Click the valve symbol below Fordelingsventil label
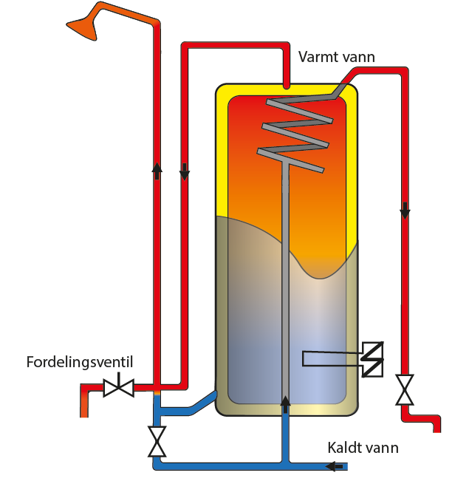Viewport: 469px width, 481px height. (x=117, y=386)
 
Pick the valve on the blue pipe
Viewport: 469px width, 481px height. (x=157, y=441)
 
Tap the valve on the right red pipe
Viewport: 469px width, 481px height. (x=404, y=389)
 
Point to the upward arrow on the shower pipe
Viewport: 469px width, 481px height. (x=157, y=170)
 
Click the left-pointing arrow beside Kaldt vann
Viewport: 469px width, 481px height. (x=335, y=466)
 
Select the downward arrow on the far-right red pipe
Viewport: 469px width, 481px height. (x=405, y=211)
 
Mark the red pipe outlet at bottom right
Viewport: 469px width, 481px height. (x=435, y=425)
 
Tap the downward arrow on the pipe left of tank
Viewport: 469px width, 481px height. (x=185, y=172)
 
